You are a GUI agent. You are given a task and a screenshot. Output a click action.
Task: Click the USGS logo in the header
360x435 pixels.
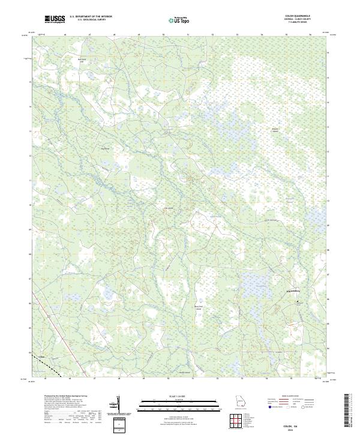pyautogui.click(x=55, y=20)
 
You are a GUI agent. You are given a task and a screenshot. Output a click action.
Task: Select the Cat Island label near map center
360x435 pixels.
pyautogui.click(x=169, y=209)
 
